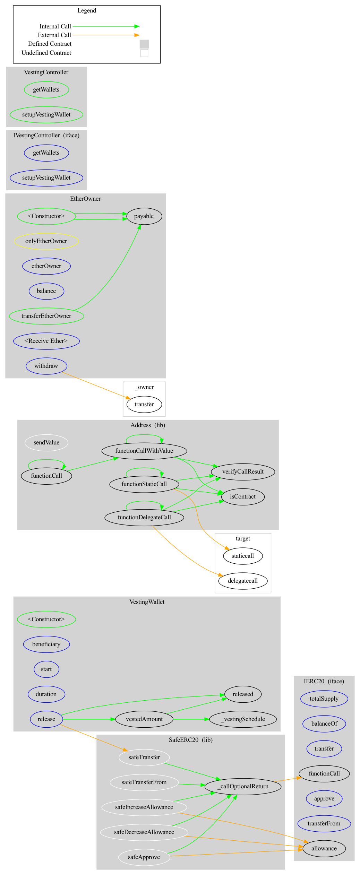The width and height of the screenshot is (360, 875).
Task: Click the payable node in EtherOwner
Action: point(144,216)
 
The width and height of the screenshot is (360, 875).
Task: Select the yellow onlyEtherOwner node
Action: point(46,241)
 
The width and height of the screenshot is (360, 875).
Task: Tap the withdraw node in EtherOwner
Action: point(46,366)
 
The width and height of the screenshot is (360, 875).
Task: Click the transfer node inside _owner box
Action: point(144,405)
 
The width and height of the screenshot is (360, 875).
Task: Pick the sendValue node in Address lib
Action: point(46,443)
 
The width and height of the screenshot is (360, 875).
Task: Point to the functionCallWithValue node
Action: point(144,451)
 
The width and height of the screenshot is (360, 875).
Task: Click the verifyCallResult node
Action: point(243,472)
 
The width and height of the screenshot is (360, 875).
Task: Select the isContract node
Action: point(243,497)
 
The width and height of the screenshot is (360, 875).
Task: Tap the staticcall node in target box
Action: point(243,556)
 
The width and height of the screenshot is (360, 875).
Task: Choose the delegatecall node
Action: point(243,581)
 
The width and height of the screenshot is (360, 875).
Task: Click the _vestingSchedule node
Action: point(243,719)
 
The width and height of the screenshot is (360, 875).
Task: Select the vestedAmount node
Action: point(144,719)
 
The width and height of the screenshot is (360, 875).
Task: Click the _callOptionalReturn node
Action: point(243,787)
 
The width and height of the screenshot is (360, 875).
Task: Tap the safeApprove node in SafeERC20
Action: point(144,857)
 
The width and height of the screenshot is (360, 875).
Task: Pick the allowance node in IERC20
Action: point(324,849)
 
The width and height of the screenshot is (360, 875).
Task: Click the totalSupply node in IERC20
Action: point(324,699)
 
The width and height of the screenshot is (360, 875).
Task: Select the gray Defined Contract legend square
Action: point(144,44)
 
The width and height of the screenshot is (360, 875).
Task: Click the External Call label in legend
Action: point(54,35)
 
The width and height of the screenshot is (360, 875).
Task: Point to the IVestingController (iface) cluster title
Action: point(46,136)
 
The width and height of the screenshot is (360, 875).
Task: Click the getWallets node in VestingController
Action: point(46,90)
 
